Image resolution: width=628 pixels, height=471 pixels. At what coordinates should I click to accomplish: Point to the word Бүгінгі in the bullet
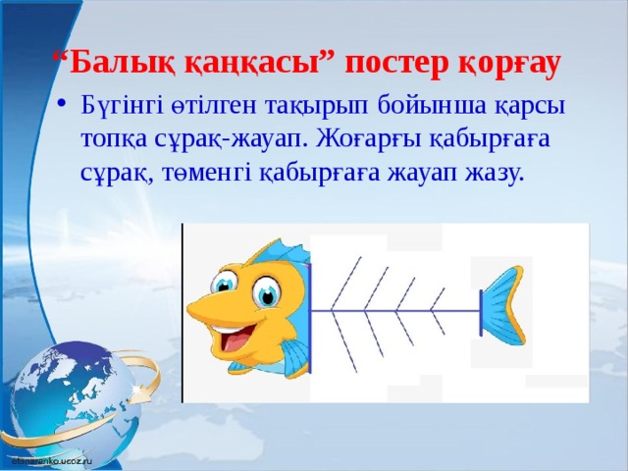pos(125,105)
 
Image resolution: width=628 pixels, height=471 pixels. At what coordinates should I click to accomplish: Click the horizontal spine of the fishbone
pos(402,312)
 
